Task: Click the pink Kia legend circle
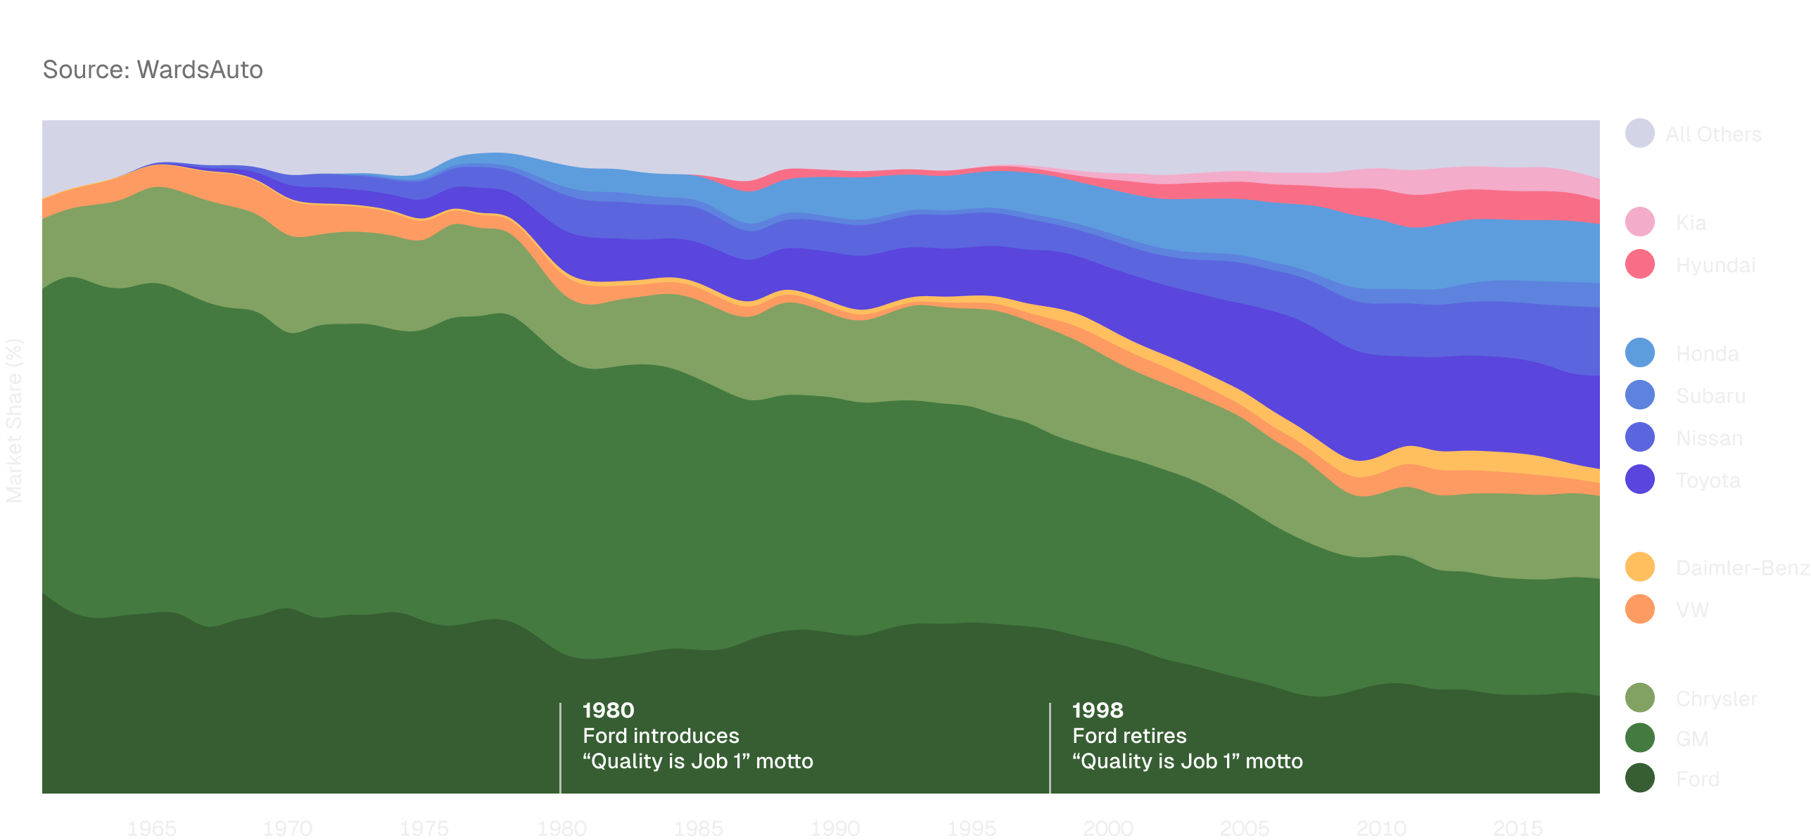click(1640, 222)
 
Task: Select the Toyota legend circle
click(1640, 479)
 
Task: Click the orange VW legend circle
click(1640, 609)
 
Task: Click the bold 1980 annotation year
click(609, 710)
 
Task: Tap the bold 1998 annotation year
click(1098, 710)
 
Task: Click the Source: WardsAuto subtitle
click(153, 70)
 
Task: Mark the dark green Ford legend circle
click(1640, 777)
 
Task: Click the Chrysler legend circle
click(1640, 697)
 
